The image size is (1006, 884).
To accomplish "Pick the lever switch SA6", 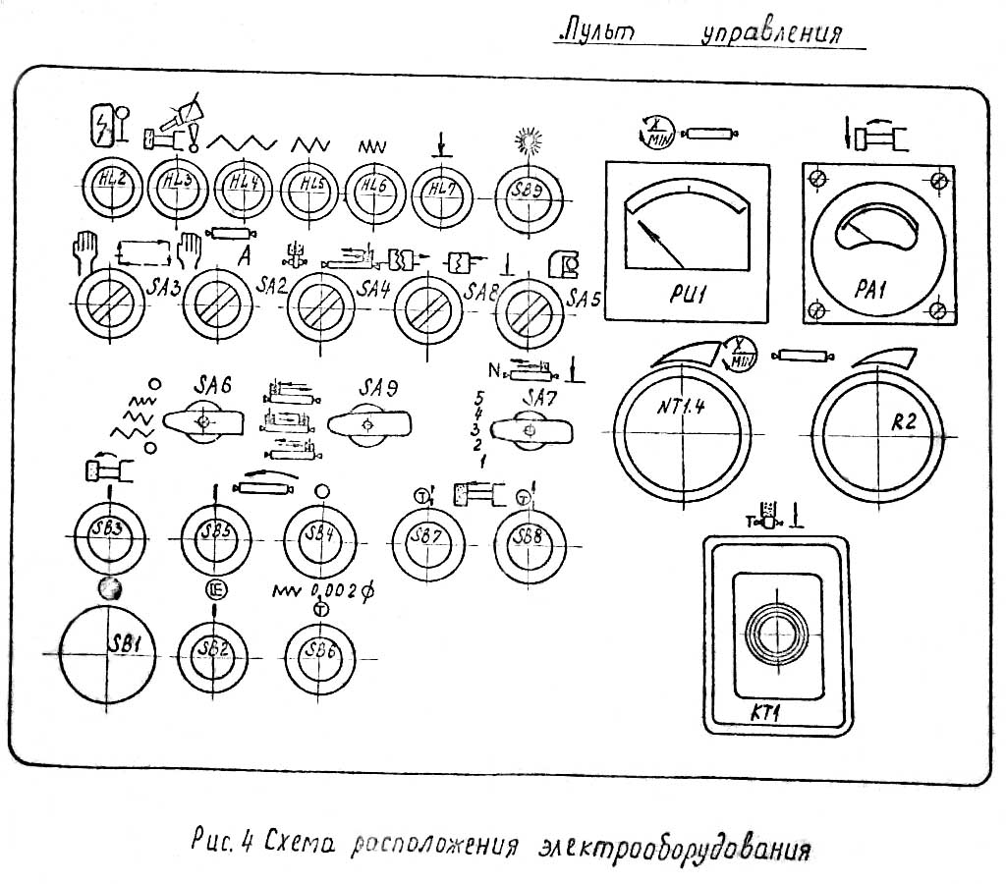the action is click(x=204, y=422).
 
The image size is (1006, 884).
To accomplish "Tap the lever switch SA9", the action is click(x=368, y=424).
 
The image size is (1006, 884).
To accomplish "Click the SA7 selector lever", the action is click(x=531, y=429).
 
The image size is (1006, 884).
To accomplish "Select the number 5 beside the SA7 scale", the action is click(x=478, y=397).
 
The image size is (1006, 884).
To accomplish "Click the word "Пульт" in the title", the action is click(x=595, y=31).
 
